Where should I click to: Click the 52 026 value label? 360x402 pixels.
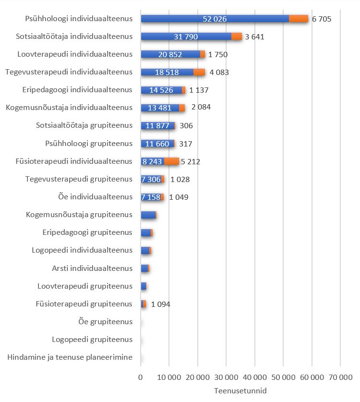(215, 19)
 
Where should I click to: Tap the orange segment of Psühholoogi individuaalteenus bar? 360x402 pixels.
(298, 19)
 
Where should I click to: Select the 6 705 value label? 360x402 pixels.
(322, 19)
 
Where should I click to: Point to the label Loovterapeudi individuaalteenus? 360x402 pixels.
(74, 54)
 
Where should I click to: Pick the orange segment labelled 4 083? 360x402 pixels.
(199, 72)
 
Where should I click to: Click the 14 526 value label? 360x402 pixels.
(161, 90)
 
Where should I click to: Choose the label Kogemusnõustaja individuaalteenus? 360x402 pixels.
(69, 108)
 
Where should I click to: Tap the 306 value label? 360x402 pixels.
(186, 126)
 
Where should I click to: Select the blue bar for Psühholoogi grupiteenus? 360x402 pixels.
(157, 144)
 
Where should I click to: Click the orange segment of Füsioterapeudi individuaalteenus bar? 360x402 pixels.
(171, 161)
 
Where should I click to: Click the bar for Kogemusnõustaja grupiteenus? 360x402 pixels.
(148, 215)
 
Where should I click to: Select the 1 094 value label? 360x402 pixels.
(161, 304)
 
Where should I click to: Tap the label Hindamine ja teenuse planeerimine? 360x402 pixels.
(70, 357)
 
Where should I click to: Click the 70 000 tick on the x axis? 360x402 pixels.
(340, 378)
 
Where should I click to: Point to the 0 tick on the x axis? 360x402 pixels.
(141, 378)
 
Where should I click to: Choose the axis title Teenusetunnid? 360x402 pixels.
(240, 390)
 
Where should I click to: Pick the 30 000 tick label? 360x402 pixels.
(226, 378)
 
